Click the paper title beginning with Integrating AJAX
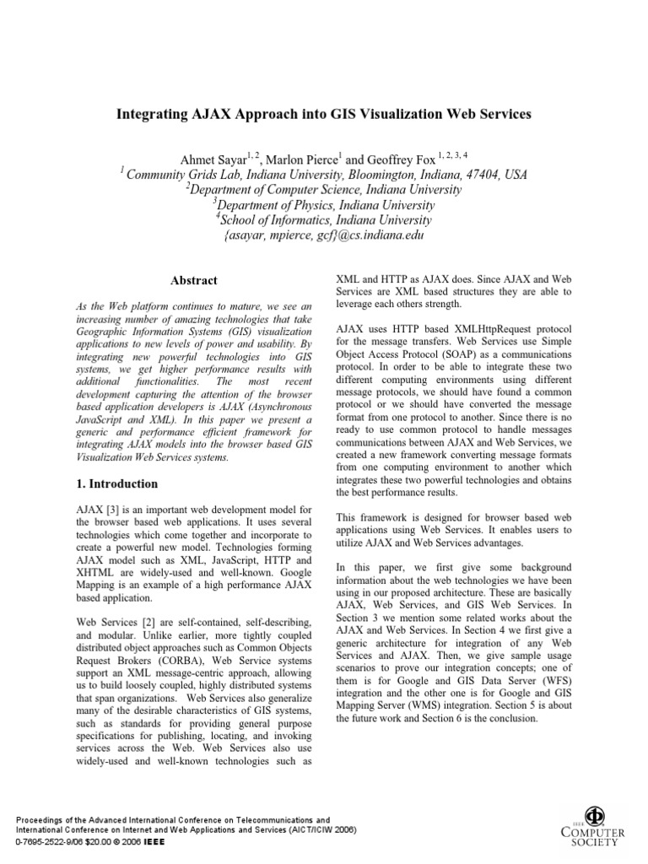[x=323, y=113]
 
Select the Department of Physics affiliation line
[x=323, y=205]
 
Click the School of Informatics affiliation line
[x=323, y=220]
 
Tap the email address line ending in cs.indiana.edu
[x=323, y=236]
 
